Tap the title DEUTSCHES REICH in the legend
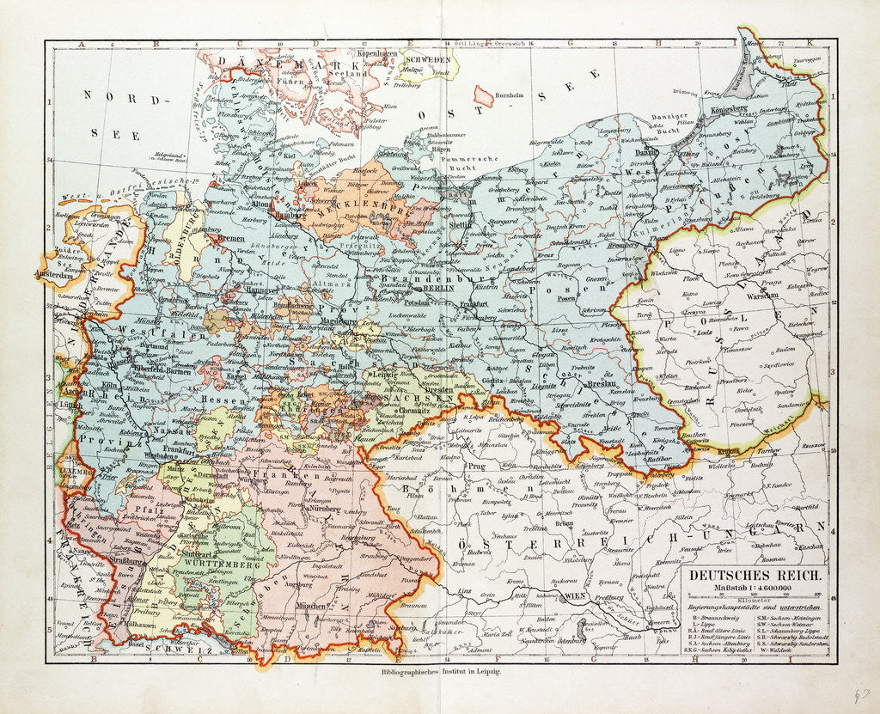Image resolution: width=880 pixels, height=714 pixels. pos(754,578)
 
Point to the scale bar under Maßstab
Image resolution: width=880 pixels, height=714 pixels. pos(754,599)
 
